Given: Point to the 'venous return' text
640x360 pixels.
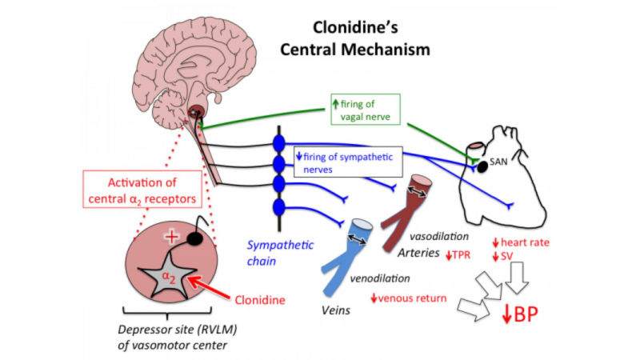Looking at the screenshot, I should coord(407,299).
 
